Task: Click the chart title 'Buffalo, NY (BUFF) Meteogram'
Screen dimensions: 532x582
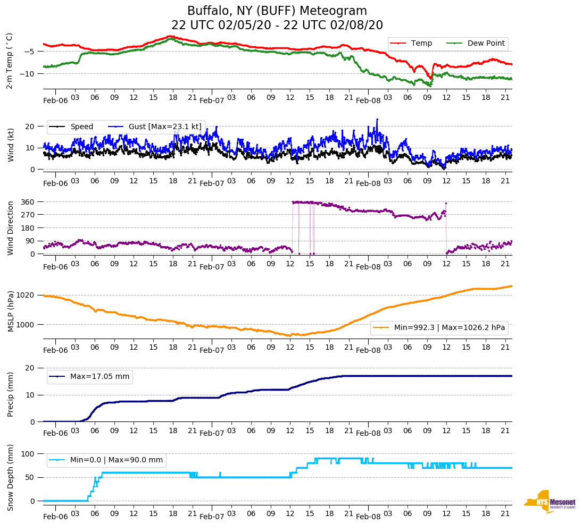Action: point(277,11)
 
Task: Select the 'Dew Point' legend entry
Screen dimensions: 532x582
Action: point(486,43)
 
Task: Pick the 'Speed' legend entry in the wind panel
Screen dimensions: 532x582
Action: point(81,126)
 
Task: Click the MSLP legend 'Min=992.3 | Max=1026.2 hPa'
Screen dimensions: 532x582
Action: point(450,328)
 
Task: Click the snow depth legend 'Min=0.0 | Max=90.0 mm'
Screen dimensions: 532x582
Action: point(116,460)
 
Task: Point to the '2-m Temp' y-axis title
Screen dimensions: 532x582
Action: point(9,61)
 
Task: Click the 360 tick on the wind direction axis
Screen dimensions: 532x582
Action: point(28,202)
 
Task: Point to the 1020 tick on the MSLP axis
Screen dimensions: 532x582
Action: point(26,295)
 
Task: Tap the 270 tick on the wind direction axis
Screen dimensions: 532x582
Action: point(28,215)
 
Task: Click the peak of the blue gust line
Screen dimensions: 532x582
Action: point(377,119)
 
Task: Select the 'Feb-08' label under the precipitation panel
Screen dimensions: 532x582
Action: point(369,433)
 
